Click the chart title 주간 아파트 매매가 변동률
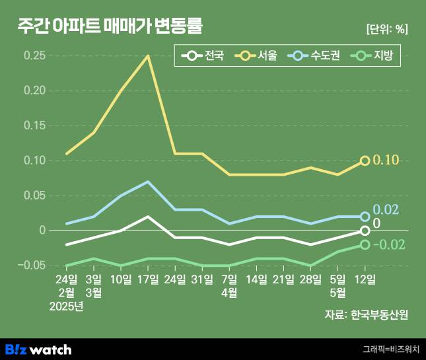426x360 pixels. tap(111, 27)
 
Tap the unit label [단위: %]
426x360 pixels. tap(386, 29)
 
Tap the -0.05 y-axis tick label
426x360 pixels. tap(32, 266)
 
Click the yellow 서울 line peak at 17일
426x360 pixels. tap(148, 56)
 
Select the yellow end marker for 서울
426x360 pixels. tap(365, 161)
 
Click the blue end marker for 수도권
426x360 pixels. tap(365, 216)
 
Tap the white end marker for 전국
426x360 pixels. tap(365, 231)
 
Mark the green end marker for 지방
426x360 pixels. tap(365, 244)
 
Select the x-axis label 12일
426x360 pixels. tap(365, 279)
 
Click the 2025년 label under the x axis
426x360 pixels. tap(67, 306)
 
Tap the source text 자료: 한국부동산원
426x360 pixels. tap(366, 314)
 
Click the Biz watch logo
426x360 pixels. tap(38, 349)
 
